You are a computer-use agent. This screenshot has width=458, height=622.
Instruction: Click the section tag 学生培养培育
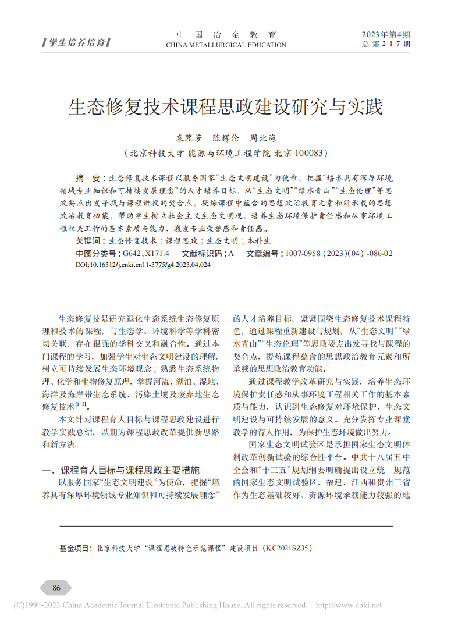pos(77,42)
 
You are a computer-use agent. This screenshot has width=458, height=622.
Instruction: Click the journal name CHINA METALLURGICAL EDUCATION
pos(226,45)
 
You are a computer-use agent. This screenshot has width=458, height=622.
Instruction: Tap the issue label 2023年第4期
pos(385,35)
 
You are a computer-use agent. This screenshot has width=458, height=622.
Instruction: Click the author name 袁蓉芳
pos(189,138)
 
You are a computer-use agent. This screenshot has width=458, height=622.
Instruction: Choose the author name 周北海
pos(263,138)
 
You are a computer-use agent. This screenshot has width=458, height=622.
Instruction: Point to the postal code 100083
pos(308,153)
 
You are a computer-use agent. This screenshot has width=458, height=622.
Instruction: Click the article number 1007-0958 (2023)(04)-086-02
pos(337,254)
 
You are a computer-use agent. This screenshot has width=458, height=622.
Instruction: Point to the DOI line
pos(143,265)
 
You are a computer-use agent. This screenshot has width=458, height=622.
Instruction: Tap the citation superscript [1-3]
pos(80,404)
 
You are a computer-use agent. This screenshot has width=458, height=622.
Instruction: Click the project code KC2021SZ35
pos(289,548)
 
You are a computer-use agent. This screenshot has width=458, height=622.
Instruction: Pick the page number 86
pos(56,587)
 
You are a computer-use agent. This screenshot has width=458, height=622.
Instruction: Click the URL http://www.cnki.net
pos(349,606)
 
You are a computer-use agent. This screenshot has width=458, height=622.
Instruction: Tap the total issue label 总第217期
pos(386,44)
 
